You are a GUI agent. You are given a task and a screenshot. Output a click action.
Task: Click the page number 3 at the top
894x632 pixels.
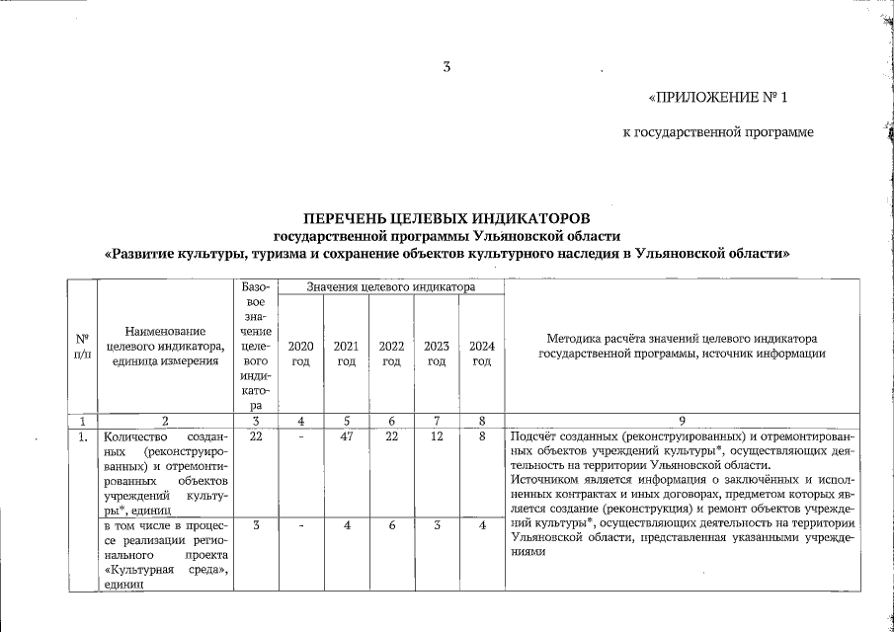[447, 67]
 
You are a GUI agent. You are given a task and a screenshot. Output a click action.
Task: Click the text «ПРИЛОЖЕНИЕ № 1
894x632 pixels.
[719, 98]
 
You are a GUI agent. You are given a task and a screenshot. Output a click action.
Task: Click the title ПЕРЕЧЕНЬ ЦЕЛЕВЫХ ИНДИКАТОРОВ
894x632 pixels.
[447, 216]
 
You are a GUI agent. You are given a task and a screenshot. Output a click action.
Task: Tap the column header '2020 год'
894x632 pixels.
[301, 353]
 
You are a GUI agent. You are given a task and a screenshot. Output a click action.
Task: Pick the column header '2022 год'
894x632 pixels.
[391, 353]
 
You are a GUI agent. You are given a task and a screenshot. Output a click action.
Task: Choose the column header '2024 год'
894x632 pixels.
[481, 353]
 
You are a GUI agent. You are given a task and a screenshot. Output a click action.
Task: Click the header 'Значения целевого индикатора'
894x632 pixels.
[391, 286]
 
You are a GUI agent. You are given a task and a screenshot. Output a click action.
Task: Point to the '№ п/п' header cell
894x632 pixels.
[82, 346]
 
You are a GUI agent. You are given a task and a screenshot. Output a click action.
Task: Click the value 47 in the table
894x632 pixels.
[347, 435]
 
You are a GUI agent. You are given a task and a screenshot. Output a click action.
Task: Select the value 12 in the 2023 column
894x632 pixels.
[437, 435]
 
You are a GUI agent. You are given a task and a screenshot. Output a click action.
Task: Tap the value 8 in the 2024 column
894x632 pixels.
[481, 435]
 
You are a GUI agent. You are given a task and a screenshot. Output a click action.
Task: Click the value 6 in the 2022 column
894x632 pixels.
[391, 526]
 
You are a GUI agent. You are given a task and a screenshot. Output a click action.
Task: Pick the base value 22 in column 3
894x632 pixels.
[256, 435]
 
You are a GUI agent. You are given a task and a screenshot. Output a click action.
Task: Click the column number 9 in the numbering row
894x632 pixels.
[683, 420]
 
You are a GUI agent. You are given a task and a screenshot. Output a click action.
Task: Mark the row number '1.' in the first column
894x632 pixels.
[82, 435]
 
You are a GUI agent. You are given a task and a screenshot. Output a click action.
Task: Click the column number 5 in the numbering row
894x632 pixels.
[347, 420]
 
